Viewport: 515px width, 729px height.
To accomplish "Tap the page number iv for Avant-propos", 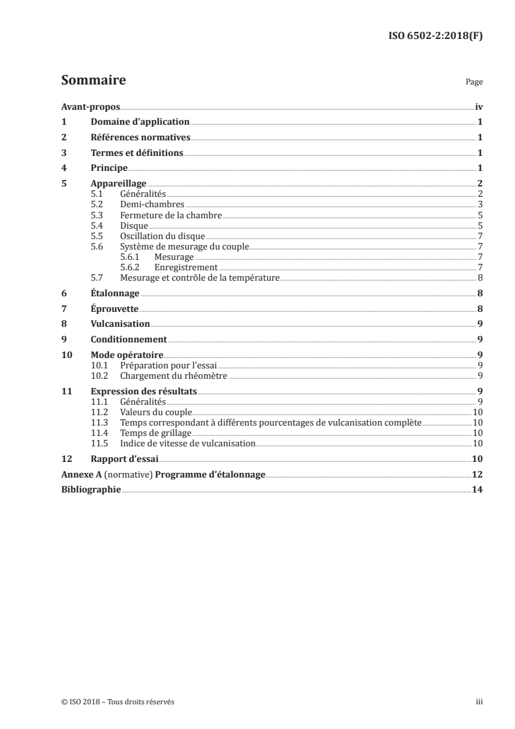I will [x=479, y=106].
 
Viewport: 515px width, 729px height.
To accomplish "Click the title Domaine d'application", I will [x=140, y=122].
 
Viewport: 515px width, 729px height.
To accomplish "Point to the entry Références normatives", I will [x=140, y=138].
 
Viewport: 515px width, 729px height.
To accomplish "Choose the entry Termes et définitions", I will [x=137, y=153].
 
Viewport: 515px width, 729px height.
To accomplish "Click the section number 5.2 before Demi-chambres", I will [x=97, y=205].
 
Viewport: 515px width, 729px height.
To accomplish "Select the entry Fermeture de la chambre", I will [x=171, y=215].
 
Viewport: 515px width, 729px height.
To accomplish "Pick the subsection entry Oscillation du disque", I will [x=162, y=236].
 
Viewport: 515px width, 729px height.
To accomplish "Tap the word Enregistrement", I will [x=186, y=267].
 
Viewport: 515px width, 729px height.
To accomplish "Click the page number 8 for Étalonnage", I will [x=479, y=294].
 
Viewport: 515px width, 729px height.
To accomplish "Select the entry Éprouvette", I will [x=114, y=309].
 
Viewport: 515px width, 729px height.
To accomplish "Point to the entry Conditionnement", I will [x=129, y=339].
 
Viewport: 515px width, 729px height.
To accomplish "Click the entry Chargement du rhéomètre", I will [x=173, y=376].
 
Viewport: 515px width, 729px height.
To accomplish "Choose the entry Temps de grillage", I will [x=156, y=433].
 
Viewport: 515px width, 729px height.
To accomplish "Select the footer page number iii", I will [x=479, y=702].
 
